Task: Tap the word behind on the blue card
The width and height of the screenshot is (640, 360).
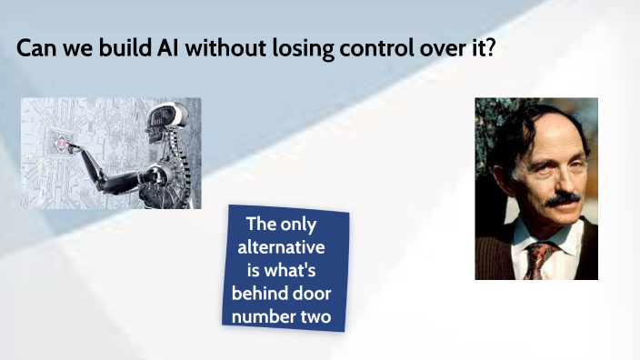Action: (x=260, y=294)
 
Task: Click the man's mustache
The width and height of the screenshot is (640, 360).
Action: (x=562, y=197)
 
